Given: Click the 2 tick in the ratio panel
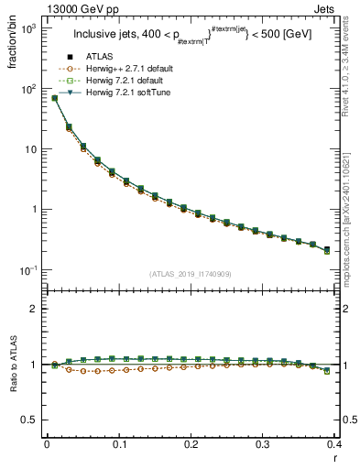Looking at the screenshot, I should click(33, 309).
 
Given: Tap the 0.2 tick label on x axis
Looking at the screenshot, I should click(191, 446).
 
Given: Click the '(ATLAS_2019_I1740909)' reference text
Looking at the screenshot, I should click(190, 273).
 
